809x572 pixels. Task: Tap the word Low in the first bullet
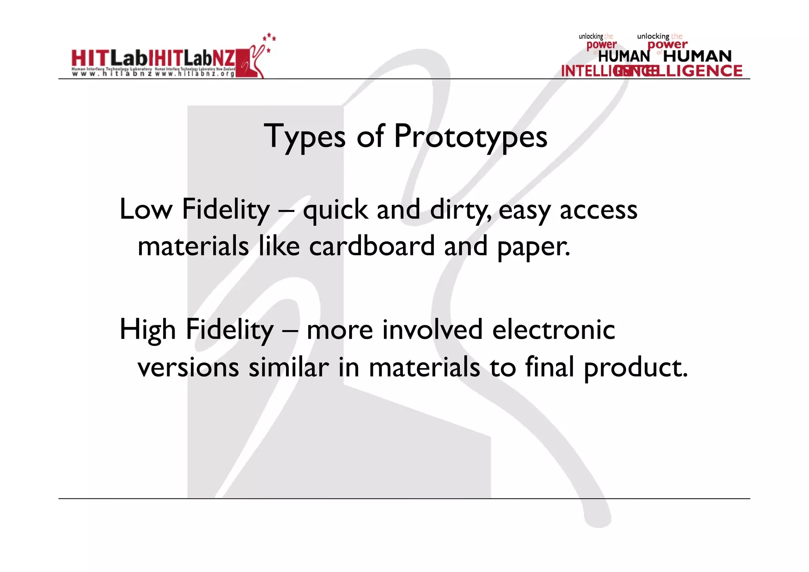146,210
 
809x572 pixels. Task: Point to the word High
147,330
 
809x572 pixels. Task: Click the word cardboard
372,246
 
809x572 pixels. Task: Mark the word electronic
553,330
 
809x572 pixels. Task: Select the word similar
289,367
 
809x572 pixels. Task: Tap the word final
549,367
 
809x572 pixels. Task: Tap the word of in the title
370,136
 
